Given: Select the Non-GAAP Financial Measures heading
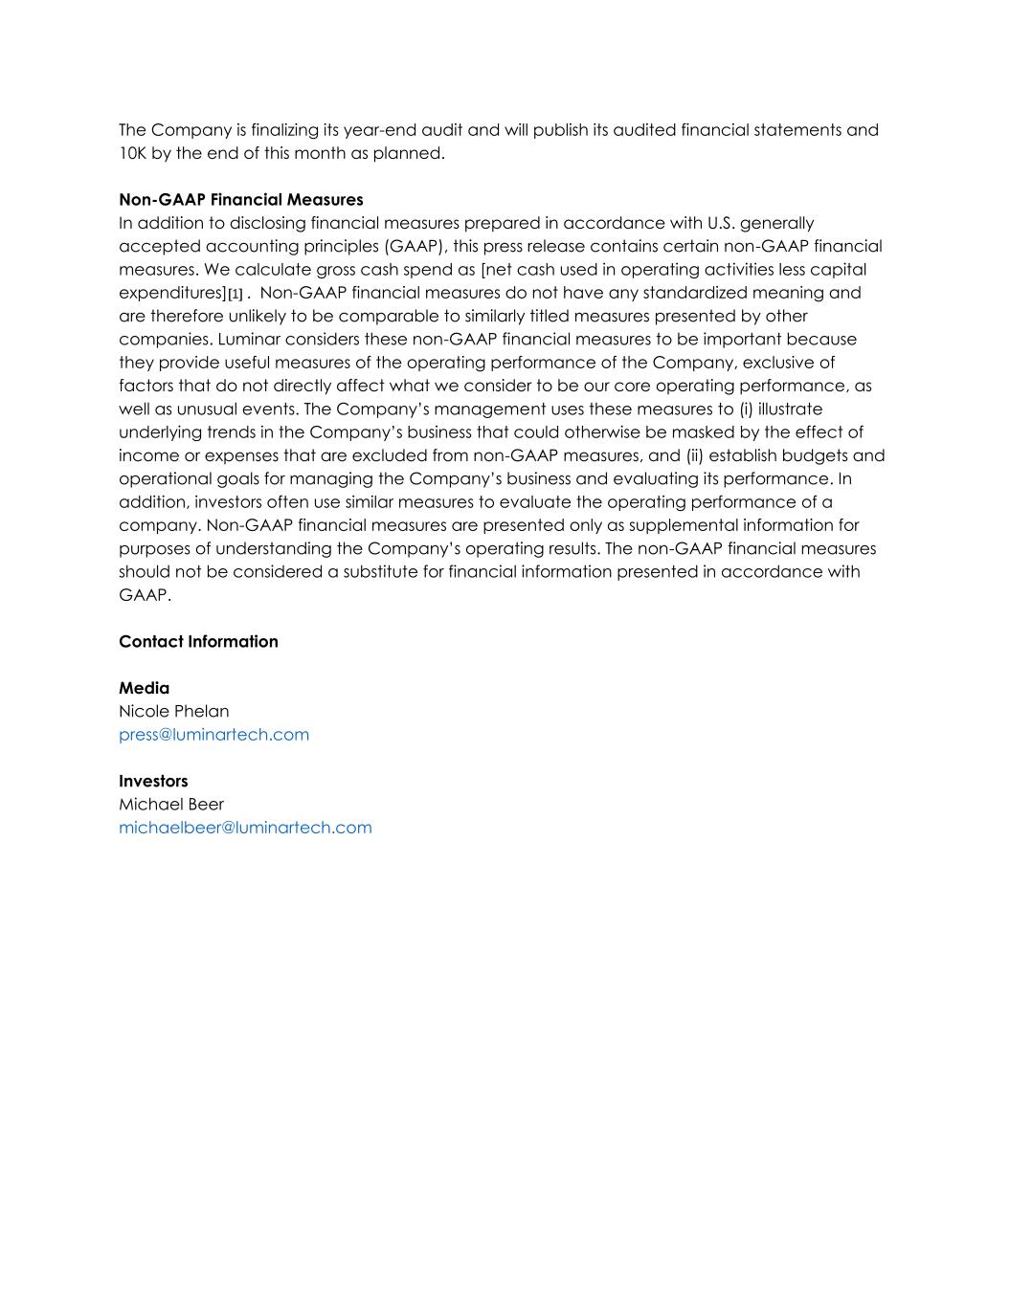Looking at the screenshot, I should (240, 200).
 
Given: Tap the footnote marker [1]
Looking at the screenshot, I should (236, 294).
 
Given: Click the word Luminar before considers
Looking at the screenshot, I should (248, 339).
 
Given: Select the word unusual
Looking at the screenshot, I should (204, 409).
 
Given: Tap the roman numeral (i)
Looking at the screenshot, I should (747, 409).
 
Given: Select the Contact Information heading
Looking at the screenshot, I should (198, 641).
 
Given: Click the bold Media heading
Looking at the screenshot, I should (144, 688).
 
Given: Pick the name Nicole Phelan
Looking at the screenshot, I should (173, 711).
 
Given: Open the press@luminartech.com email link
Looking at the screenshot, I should (213, 735).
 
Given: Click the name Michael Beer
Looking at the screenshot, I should (170, 804).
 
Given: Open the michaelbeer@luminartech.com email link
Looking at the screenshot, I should (245, 828).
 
